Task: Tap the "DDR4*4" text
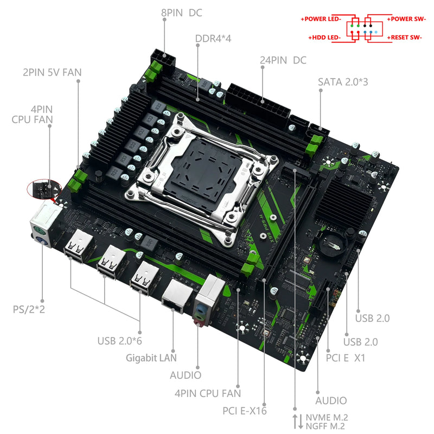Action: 214,39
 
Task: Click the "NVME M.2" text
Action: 327,417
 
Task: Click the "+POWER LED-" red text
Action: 321,18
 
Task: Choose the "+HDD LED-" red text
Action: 324,37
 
